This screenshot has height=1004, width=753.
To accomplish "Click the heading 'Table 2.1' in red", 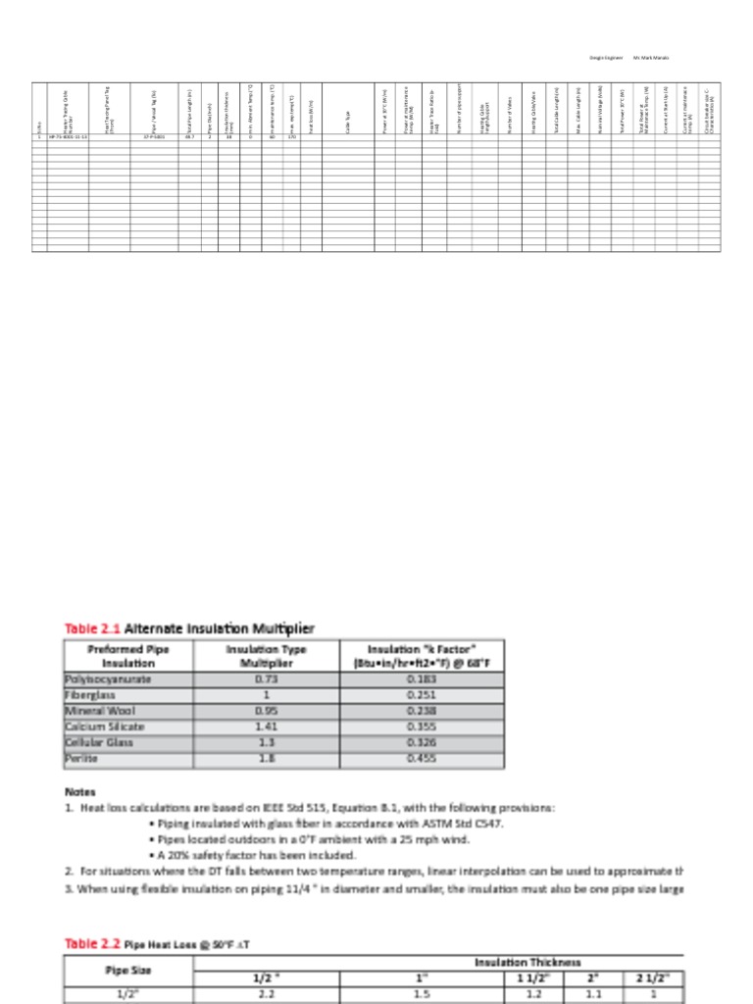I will pyautogui.click(x=92, y=627).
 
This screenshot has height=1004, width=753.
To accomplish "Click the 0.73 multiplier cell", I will pyautogui.click(x=266, y=678).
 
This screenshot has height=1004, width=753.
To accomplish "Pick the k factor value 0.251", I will pyautogui.click(x=422, y=694).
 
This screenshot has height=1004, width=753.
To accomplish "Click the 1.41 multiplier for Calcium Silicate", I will pyautogui.click(x=266, y=727).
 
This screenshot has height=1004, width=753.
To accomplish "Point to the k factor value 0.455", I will pyautogui.click(x=422, y=758).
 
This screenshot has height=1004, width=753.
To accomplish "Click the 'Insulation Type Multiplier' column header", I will pyautogui.click(x=266, y=655).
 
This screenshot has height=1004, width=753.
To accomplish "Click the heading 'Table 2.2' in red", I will pyautogui.click(x=92, y=943).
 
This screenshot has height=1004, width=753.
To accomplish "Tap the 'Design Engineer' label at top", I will pyautogui.click(x=606, y=58).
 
